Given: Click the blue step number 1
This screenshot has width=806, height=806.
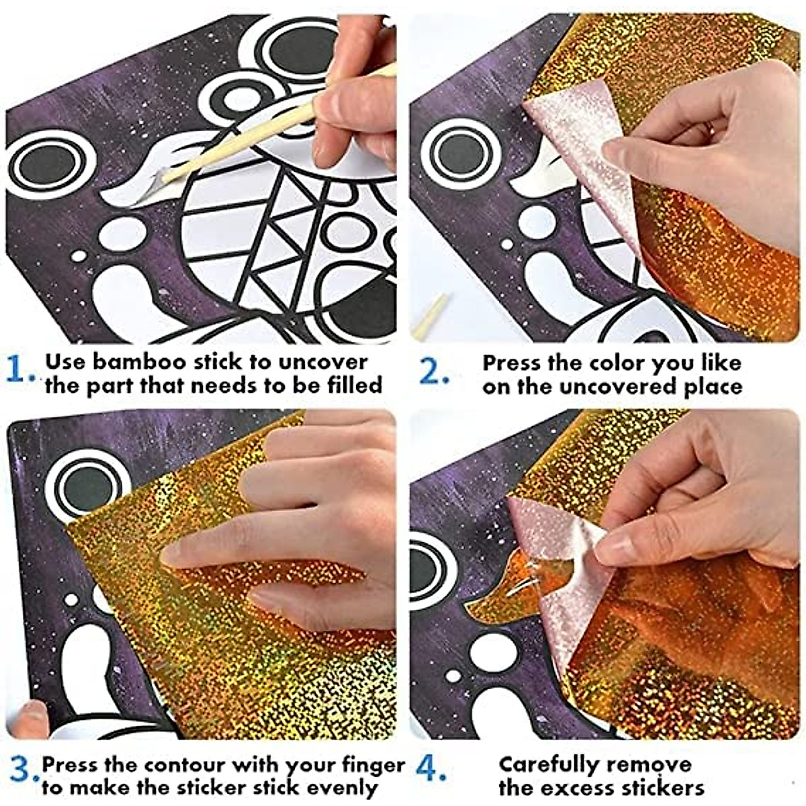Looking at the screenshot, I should click(20, 371).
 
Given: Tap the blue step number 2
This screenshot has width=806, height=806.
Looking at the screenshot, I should click(433, 371).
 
